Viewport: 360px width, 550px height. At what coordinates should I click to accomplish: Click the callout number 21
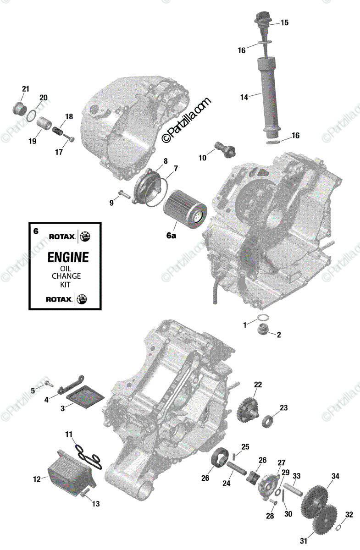click(x=25, y=88)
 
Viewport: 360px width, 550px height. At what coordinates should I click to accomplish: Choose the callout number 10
click(x=202, y=158)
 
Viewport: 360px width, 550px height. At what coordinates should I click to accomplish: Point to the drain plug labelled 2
click(x=264, y=329)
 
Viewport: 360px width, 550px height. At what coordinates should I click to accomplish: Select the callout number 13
click(x=95, y=504)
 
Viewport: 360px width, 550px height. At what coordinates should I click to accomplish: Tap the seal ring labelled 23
click(x=268, y=420)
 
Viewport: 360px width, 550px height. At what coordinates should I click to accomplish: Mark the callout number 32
click(x=349, y=515)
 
